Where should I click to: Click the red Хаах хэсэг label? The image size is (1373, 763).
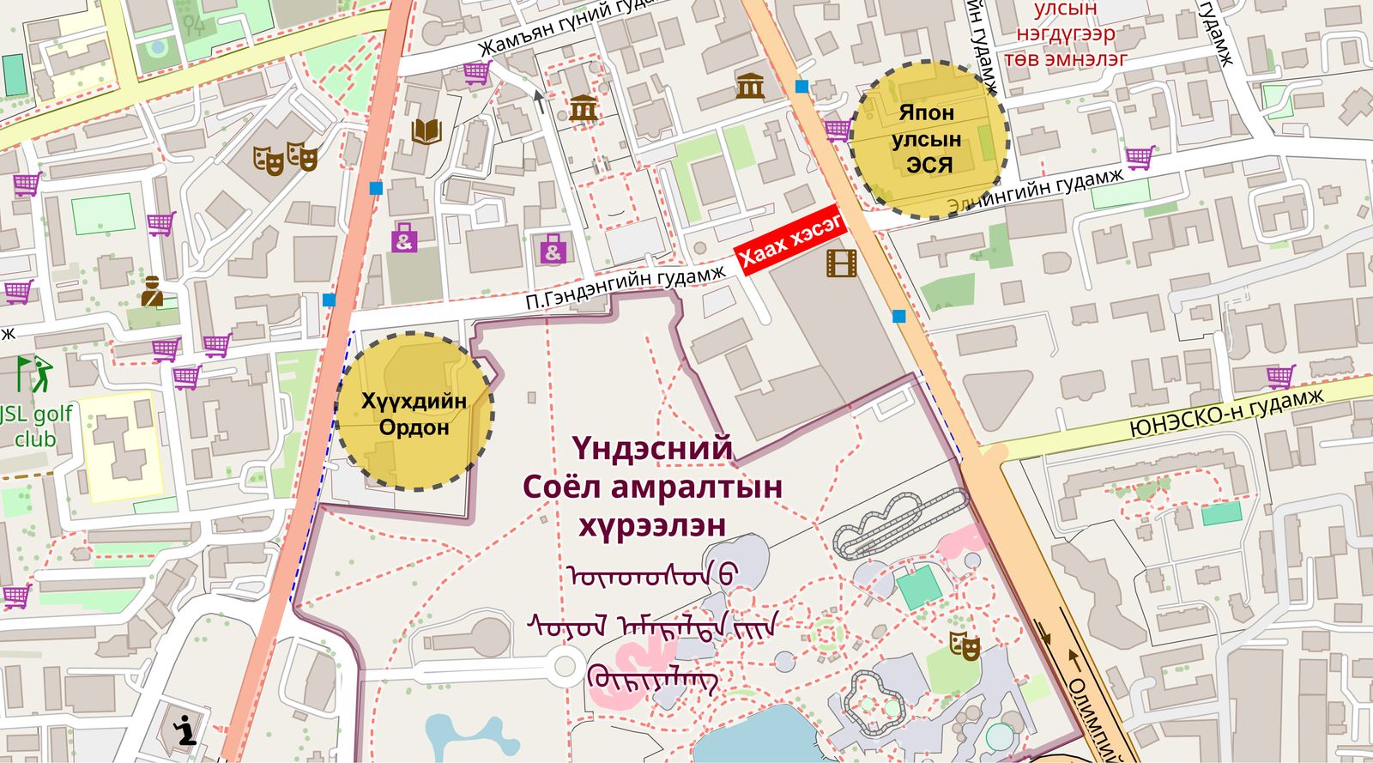pos(790,245)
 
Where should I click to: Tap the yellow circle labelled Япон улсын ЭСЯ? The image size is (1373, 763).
pos(928,139)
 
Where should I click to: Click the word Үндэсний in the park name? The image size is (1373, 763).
pos(653,448)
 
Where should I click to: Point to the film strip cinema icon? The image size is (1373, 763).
pos(842,263)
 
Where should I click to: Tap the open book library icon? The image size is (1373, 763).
pos(426,131)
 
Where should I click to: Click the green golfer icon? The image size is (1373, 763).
pos(34,373)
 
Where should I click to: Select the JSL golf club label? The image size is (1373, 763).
pos(35,427)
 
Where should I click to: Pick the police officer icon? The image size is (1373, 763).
pos(152,292)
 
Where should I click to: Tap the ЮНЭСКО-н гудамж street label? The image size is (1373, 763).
pos(1226,414)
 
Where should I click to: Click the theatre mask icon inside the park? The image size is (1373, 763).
pos(965,645)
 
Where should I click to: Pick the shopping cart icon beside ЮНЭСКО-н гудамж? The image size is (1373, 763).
pos(1280,376)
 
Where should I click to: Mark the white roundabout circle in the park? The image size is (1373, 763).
pos(565,664)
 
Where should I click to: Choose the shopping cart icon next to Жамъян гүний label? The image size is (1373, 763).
pos(476,73)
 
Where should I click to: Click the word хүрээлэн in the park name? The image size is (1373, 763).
pos(652,524)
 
